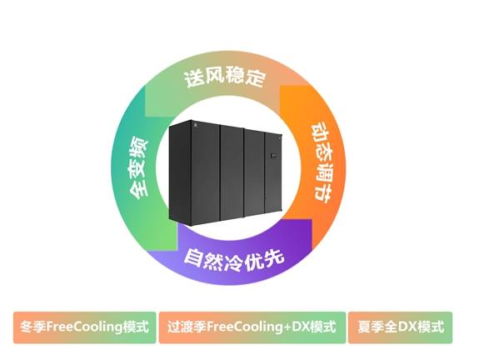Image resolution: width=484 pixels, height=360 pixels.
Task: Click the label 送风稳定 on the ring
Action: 225,77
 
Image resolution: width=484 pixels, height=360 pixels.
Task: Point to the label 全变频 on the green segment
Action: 138,168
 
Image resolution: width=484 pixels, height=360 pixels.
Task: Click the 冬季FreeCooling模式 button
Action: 84,327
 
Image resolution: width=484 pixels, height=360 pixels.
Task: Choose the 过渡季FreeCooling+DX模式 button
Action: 252,327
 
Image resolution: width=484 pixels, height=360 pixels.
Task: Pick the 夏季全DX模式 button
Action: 401,327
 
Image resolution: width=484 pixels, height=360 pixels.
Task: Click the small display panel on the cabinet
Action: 273,155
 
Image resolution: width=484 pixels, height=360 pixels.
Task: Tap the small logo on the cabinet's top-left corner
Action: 196,125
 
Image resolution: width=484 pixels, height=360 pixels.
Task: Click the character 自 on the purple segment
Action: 192,256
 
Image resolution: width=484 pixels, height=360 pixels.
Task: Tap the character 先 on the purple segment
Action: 274,257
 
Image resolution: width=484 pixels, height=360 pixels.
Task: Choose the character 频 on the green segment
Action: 138,147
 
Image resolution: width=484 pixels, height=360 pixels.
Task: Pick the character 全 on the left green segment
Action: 138,189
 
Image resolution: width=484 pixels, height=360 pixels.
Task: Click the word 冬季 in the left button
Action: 33,327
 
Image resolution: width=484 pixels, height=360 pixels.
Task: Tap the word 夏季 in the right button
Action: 371,327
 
